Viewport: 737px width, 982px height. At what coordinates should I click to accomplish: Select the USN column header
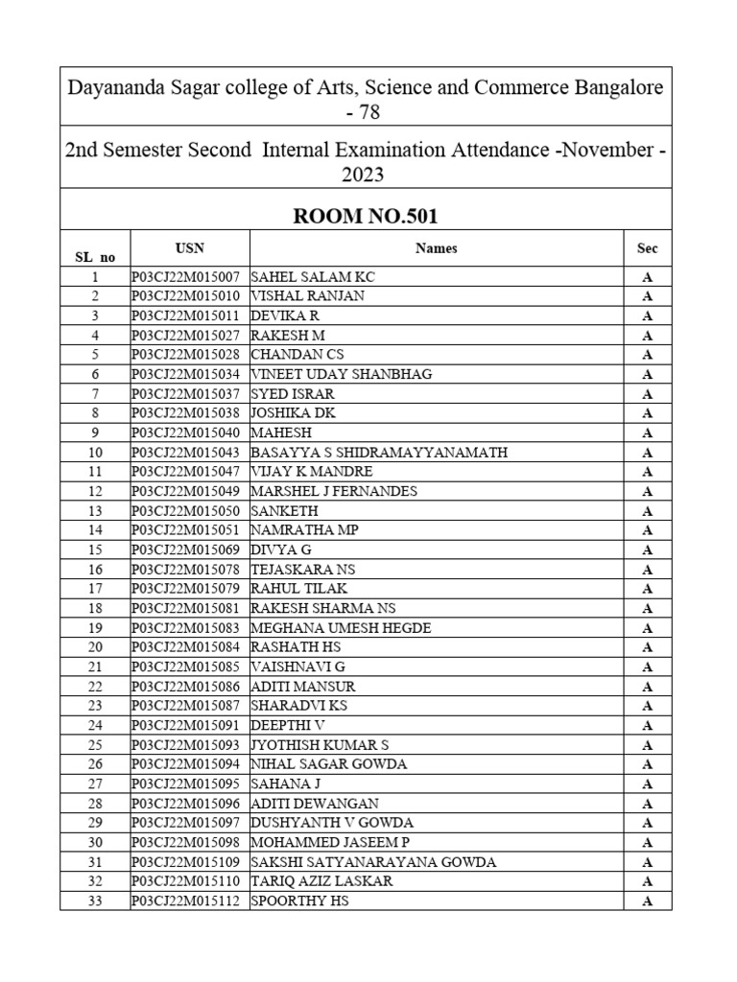190,247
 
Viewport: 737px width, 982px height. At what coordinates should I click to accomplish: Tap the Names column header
436,248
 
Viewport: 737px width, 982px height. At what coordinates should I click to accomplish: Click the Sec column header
647,248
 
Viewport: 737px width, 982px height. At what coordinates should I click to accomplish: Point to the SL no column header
95,256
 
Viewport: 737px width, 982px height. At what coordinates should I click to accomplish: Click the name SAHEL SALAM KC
313,276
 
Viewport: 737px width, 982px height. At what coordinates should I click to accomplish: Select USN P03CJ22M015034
190,374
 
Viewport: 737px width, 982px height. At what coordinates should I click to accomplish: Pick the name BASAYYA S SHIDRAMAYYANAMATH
379,453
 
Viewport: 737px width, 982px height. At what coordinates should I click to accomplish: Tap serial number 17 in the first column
95,589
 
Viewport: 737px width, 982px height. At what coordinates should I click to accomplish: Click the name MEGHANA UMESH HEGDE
341,628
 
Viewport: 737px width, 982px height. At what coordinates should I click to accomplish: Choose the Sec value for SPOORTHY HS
647,901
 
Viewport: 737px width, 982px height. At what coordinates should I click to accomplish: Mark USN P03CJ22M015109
190,862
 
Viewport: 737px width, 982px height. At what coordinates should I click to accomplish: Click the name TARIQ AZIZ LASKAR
321,881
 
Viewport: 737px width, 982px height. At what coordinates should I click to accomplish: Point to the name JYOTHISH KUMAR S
320,745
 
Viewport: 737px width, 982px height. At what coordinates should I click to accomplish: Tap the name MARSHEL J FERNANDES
334,491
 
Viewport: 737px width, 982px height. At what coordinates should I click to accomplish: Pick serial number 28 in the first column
95,804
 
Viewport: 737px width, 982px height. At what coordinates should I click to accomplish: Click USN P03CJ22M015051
190,530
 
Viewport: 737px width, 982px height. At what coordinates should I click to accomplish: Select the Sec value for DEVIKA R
647,316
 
